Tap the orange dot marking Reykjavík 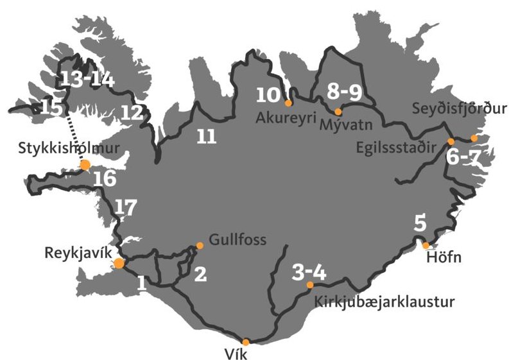(x=119, y=263)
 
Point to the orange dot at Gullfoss (x=200, y=245)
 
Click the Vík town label (x=246, y=354)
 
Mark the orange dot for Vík (x=245, y=342)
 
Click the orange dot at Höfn (x=426, y=245)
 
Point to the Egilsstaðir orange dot (x=451, y=141)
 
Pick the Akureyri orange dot (x=288, y=103)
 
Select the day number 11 (x=205, y=137)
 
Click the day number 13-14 (x=87, y=80)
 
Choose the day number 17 (x=126, y=207)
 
